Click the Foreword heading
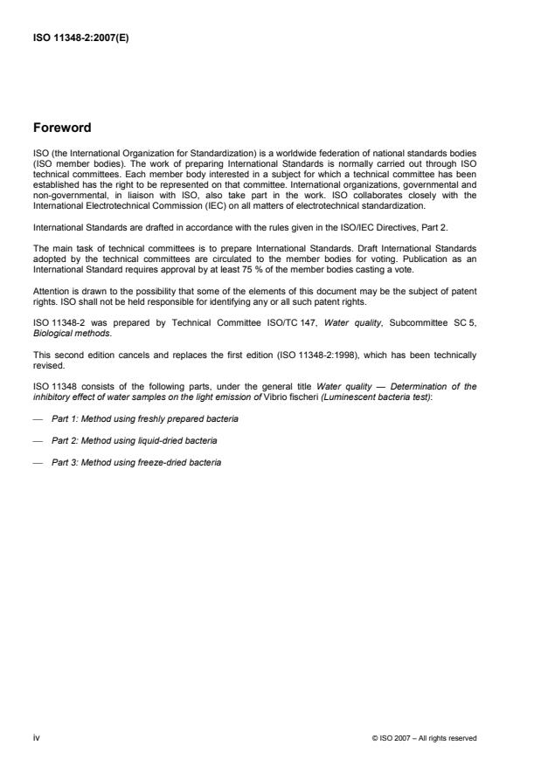pos(61,128)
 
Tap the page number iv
pos(36,737)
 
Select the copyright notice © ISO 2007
pos(424,738)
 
